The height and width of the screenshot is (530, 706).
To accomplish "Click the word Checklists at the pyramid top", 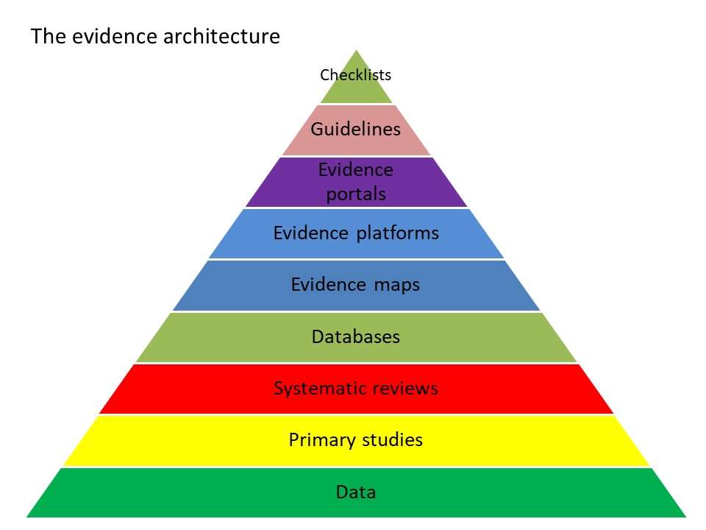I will tap(355, 75).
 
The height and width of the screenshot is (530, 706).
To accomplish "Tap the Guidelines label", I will tap(356, 130).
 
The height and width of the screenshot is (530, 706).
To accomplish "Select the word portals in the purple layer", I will tap(356, 195).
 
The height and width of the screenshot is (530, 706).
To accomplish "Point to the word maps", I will tap(397, 285).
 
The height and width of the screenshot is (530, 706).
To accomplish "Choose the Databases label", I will tap(356, 337).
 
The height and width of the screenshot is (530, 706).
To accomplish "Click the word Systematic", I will tap(315, 388).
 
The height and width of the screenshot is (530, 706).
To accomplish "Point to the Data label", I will tap(356, 492).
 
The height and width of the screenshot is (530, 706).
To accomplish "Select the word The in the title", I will tap(49, 37).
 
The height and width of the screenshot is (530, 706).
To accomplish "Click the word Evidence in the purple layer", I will tap(356, 170).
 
